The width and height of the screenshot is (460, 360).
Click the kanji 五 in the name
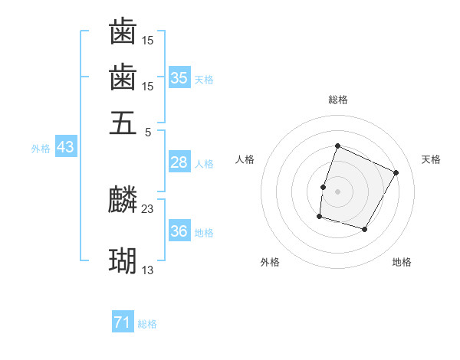tap(123, 123)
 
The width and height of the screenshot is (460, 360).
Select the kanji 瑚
tap(123, 262)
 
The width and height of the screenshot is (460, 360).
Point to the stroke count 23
tap(148, 208)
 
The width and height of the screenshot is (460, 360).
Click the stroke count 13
tap(148, 270)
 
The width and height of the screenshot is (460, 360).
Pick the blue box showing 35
tap(179, 77)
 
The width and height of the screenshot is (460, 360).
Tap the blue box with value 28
tap(179, 162)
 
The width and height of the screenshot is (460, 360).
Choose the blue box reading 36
tap(179, 231)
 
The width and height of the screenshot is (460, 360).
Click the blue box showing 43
tap(65, 148)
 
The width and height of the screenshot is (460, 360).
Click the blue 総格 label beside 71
tap(147, 324)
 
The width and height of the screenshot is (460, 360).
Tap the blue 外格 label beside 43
tap(41, 149)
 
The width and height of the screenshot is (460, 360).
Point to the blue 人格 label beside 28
tap(204, 163)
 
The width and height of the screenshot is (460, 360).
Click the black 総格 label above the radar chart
tap(338, 100)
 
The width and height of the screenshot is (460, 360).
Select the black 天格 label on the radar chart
tap(431, 159)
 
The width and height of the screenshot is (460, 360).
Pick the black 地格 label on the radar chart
tap(402, 262)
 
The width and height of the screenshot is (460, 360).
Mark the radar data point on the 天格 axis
tap(396, 172)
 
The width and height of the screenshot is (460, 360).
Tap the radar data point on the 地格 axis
tap(365, 229)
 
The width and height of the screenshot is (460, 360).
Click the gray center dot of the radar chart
tap(338, 191)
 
